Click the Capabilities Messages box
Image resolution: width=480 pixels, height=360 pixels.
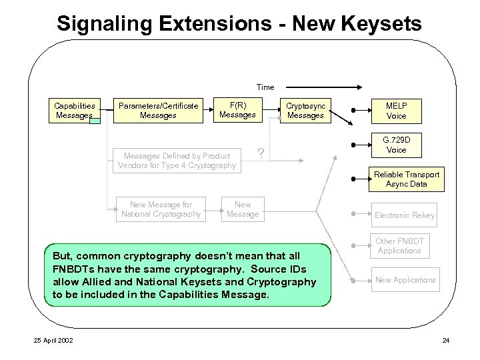[74, 110]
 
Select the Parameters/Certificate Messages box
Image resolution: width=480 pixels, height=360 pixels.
[158, 110]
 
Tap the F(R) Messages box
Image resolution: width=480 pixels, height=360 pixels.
[237, 110]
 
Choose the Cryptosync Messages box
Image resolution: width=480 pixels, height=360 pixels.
[305, 110]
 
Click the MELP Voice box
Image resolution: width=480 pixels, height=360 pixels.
[396, 111]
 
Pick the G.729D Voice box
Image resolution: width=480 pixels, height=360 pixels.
[396, 145]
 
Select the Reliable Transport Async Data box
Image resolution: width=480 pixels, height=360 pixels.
[406, 179]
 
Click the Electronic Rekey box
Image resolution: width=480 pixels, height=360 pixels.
[404, 215]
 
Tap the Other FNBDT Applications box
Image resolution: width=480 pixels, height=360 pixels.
[399, 246]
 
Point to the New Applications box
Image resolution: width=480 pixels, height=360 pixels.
[405, 280]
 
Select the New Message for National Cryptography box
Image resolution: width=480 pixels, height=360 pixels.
[161, 209]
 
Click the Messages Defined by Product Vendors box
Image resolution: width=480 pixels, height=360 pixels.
[177, 161]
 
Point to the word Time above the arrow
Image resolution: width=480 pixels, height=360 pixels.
[265, 87]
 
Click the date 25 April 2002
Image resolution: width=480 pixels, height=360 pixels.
[53, 341]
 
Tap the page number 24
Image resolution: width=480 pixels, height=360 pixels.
[445, 341]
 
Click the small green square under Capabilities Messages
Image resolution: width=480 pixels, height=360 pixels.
[95, 121]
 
